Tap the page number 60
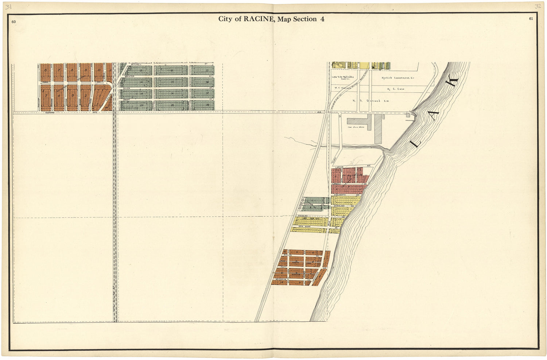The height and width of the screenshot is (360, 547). pos(14,22)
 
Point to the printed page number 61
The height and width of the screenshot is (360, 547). pos(531,19)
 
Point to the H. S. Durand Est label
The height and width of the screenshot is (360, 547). pos(366,101)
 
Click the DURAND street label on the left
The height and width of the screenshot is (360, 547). pos(50,113)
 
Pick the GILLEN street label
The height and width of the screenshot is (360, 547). pos(127,88)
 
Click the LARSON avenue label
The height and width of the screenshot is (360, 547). pos(339,167)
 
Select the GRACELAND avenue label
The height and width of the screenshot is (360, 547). pos(339,206)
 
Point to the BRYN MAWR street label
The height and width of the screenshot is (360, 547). pos(304,227)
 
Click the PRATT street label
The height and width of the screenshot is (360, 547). pos(283,267)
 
